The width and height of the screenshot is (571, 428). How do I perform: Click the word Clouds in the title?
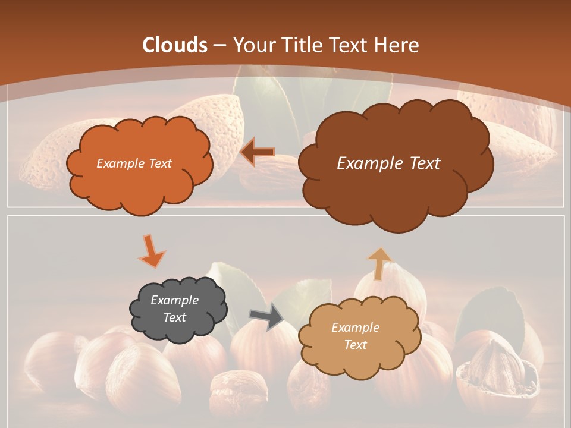pyautogui.click(x=175, y=45)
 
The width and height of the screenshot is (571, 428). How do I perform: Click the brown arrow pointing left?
pyautogui.click(x=258, y=152)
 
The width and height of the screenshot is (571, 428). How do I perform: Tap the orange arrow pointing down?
pyautogui.click(x=151, y=250)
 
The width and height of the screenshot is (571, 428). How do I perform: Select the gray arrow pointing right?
pyautogui.click(x=266, y=316)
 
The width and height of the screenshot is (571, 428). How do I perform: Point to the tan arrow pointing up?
pyautogui.click(x=379, y=263)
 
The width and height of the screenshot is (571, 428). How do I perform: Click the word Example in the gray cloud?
pyautogui.click(x=174, y=300)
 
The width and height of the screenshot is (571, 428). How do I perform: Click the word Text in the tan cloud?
pyautogui.click(x=355, y=345)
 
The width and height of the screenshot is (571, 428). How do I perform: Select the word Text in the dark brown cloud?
pyautogui.click(x=421, y=163)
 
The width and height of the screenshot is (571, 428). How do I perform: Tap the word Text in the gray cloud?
pyautogui.click(x=174, y=317)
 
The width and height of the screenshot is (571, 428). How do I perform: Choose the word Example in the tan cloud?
pyautogui.click(x=355, y=328)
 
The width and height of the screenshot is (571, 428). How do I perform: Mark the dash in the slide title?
pyautogui.click(x=219, y=45)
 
